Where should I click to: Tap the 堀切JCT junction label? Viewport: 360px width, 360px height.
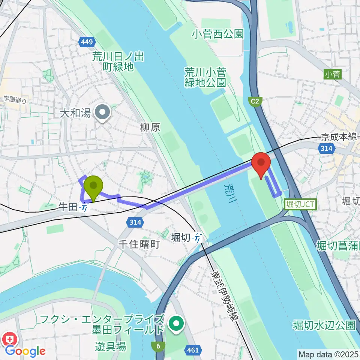tap(301, 204)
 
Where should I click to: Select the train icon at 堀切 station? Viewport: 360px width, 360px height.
tap(197, 237)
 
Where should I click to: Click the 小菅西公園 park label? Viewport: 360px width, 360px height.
tap(218, 34)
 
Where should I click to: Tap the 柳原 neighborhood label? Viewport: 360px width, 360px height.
tap(150, 127)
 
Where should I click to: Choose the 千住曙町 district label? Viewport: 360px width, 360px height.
tap(139, 244)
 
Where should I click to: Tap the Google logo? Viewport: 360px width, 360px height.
tap(25, 351)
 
